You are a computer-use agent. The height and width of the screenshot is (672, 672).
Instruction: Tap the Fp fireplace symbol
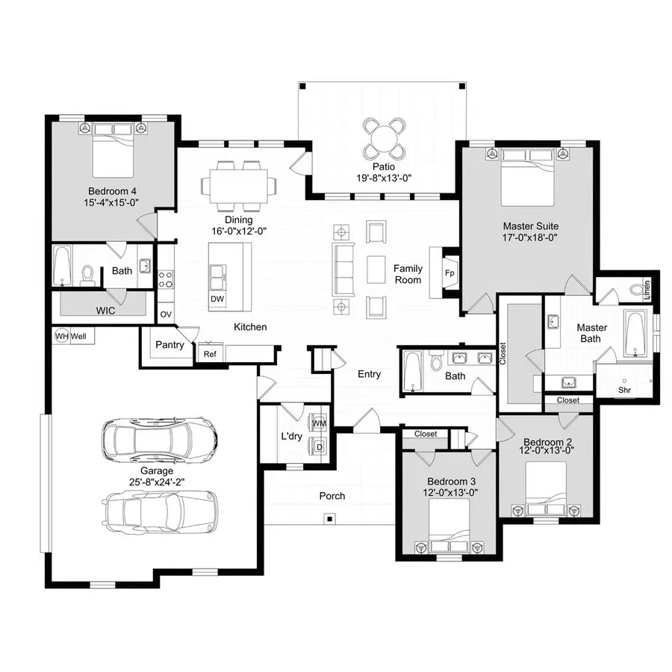pos(449,273)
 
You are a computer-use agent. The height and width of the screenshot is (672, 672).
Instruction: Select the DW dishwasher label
pos(217,299)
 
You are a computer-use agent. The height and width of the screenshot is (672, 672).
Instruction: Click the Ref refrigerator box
pos(210,354)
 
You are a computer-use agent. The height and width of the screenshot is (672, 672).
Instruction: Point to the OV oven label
pos(165,314)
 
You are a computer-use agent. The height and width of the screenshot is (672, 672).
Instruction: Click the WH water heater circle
pos(62,337)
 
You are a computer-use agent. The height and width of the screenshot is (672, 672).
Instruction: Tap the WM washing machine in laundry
pos(319,423)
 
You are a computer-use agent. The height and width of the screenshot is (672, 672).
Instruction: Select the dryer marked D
pos(319,447)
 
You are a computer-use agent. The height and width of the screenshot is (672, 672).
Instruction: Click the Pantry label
pos(169,345)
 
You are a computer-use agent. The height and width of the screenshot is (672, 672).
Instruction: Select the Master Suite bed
pos(529,177)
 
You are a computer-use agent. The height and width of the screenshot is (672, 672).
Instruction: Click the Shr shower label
pos(624,390)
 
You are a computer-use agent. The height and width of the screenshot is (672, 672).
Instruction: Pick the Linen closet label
pos(647,286)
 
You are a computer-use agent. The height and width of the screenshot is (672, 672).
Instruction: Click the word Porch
pos(332,496)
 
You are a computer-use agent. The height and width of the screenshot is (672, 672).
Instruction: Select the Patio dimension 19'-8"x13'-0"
pos(385,178)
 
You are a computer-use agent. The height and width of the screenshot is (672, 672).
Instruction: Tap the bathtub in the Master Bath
pos(635,335)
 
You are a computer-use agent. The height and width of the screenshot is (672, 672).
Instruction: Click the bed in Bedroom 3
pos(449,523)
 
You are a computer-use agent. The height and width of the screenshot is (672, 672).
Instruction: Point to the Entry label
pos(369,374)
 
